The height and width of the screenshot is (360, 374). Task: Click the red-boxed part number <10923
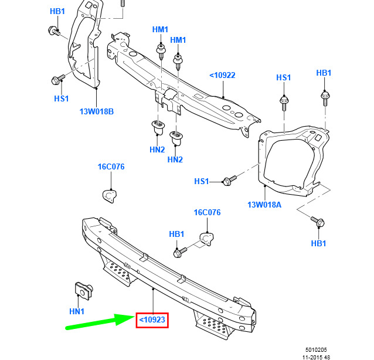[152, 320]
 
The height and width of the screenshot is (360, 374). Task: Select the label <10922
[222, 76]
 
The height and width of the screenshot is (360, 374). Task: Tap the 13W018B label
[97, 111]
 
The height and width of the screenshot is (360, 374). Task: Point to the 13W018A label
[264, 205]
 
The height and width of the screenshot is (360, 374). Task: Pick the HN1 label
[77, 311]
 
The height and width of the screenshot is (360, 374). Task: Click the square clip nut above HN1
[83, 291]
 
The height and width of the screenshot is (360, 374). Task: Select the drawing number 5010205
[316, 350]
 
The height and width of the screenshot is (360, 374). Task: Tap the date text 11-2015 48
[317, 357]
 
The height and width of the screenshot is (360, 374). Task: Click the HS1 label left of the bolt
[202, 181]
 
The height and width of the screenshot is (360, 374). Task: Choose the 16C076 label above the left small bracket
[111, 167]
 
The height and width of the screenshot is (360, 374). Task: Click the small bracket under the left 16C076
[110, 196]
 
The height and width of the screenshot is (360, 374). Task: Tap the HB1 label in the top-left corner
[57, 11]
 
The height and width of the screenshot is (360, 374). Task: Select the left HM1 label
[160, 29]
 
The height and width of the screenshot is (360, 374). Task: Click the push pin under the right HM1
[178, 62]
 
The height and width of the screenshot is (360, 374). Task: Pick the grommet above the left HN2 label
[158, 128]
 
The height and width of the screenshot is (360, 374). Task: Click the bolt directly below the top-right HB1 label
[325, 98]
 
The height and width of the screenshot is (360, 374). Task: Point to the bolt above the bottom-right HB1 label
[318, 222]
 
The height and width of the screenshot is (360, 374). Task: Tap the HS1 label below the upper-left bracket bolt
[62, 99]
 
